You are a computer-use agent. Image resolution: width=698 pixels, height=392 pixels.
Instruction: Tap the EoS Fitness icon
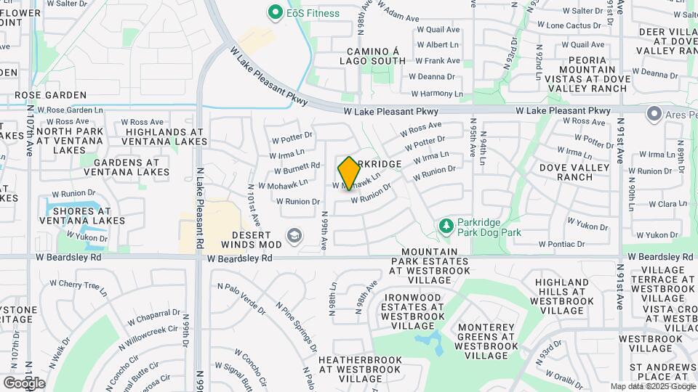275,12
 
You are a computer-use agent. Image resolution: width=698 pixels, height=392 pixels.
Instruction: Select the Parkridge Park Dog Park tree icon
446,228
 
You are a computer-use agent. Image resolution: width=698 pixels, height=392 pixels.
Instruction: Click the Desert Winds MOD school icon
294,235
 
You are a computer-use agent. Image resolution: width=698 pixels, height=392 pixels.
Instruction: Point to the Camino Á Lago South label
372,56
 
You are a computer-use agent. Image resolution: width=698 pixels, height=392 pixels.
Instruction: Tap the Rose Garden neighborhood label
50,95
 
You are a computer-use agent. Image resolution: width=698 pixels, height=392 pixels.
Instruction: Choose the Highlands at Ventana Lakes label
166,136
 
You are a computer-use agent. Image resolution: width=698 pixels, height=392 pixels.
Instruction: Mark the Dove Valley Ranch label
574,172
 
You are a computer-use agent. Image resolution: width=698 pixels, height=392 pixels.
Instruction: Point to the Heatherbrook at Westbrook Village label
360,369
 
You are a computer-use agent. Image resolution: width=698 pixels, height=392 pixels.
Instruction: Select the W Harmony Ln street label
436,94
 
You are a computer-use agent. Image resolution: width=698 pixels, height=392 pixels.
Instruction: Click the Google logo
24,383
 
